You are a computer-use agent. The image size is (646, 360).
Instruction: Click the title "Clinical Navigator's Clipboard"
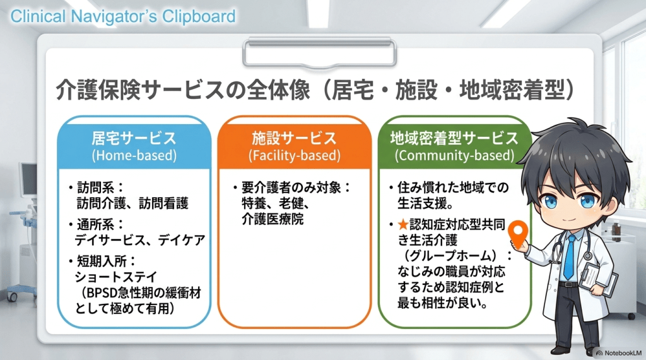(123, 16)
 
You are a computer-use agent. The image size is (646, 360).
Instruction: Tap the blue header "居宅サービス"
(134, 138)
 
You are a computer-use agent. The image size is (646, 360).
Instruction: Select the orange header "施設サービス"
(294, 138)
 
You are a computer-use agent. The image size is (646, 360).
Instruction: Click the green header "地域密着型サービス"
(454, 138)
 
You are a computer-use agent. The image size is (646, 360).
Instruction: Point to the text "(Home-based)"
(134, 155)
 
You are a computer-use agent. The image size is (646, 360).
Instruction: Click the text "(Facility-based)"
(294, 155)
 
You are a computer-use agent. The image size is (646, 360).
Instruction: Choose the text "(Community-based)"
(454, 155)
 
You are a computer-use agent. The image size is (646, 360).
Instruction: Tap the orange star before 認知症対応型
(403, 224)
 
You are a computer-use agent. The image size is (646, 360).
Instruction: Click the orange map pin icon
(518, 233)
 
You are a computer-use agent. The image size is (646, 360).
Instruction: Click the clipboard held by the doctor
(597, 277)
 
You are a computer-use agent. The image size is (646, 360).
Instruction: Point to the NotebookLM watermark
(619, 353)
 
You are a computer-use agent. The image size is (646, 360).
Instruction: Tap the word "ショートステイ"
(116, 277)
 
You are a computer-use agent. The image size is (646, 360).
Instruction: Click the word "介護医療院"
(273, 219)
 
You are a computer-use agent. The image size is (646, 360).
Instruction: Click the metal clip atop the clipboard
(319, 52)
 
